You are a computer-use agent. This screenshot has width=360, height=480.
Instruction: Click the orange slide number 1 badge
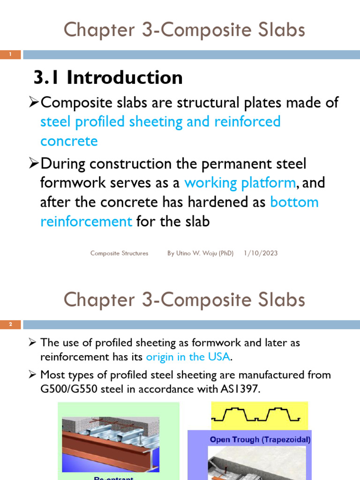tap(10, 55)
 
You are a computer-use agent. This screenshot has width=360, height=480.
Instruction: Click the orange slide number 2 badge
tap(10, 324)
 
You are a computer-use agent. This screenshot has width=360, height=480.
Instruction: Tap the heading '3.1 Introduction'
tap(108, 77)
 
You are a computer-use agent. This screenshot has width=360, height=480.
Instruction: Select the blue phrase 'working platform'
tap(240, 183)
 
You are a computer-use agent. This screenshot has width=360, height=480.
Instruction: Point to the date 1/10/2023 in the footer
tap(261, 253)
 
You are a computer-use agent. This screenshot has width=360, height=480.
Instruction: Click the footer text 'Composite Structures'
tap(119, 253)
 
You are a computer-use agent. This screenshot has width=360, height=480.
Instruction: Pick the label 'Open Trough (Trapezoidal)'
tap(260, 440)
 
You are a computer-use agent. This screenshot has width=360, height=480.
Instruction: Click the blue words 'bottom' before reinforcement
tap(294, 202)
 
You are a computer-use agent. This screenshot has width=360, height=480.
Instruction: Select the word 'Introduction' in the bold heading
tap(125, 77)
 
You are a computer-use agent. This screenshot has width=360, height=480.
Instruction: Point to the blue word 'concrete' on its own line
tap(69, 141)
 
